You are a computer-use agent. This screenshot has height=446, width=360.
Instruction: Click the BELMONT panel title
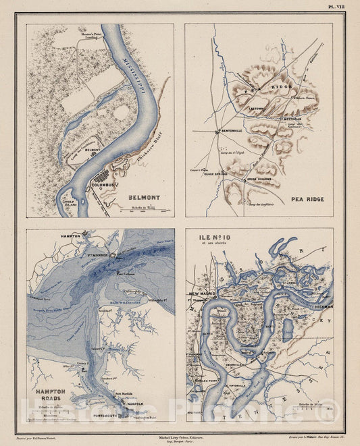[144, 197]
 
